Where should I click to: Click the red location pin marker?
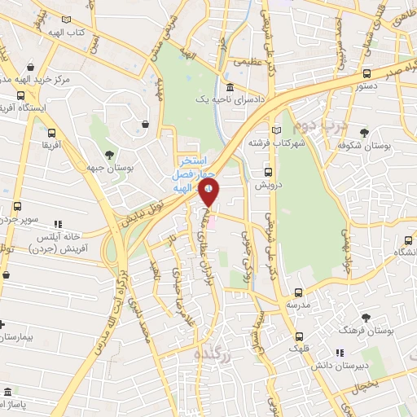209,193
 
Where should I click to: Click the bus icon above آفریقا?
51,133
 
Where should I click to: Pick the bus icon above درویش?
269,172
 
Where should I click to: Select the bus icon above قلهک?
301,336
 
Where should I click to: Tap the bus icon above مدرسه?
297,292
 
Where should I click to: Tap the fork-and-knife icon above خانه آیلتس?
57,223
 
